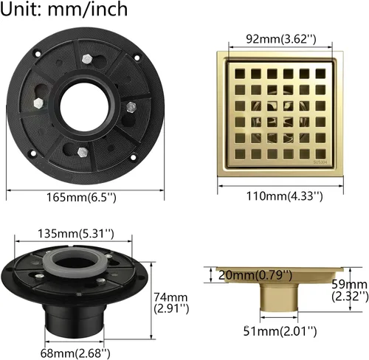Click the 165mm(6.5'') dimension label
tap(81, 197)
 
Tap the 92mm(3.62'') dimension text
tap(281, 39)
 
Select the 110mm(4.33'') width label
tap(284, 196)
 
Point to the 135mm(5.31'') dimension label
tap(76, 234)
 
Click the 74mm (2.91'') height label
tap(171, 302)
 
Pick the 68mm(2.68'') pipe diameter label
tap(75, 353)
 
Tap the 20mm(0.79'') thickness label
tap(255, 275)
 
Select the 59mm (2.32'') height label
tap(350, 291)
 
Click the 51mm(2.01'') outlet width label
tap(280, 331)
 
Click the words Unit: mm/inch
tap(63, 9)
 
